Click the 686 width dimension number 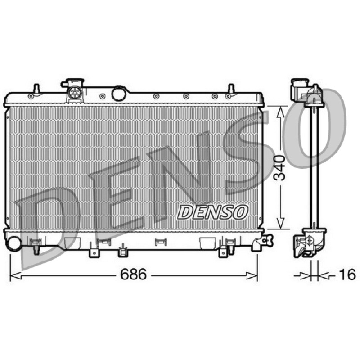click(133, 274)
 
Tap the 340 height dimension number click(280, 167)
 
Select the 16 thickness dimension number click(347, 274)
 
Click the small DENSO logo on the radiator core click(213, 212)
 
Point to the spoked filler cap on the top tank click(75, 93)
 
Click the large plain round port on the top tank click(119, 94)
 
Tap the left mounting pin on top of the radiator click(36, 89)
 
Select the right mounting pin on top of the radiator click(231, 89)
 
